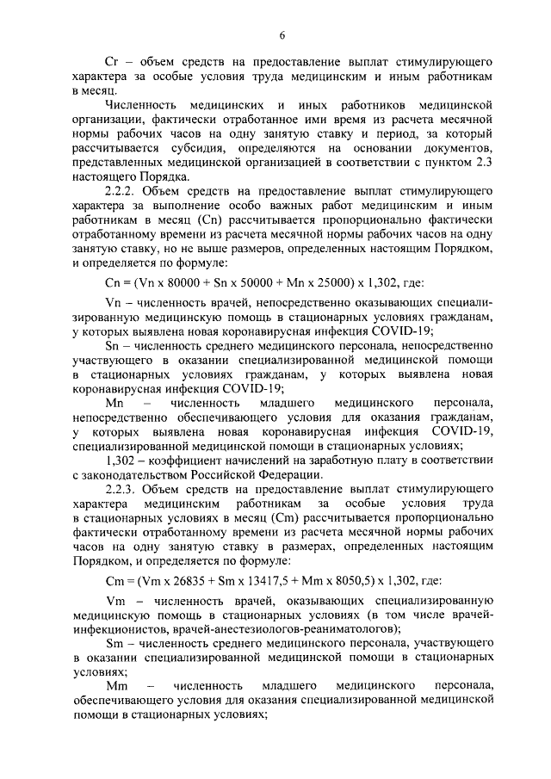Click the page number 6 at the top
click(x=282, y=35)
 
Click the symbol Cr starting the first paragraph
click(x=110, y=64)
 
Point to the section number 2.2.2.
click(x=121, y=191)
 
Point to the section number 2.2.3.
click(x=121, y=488)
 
